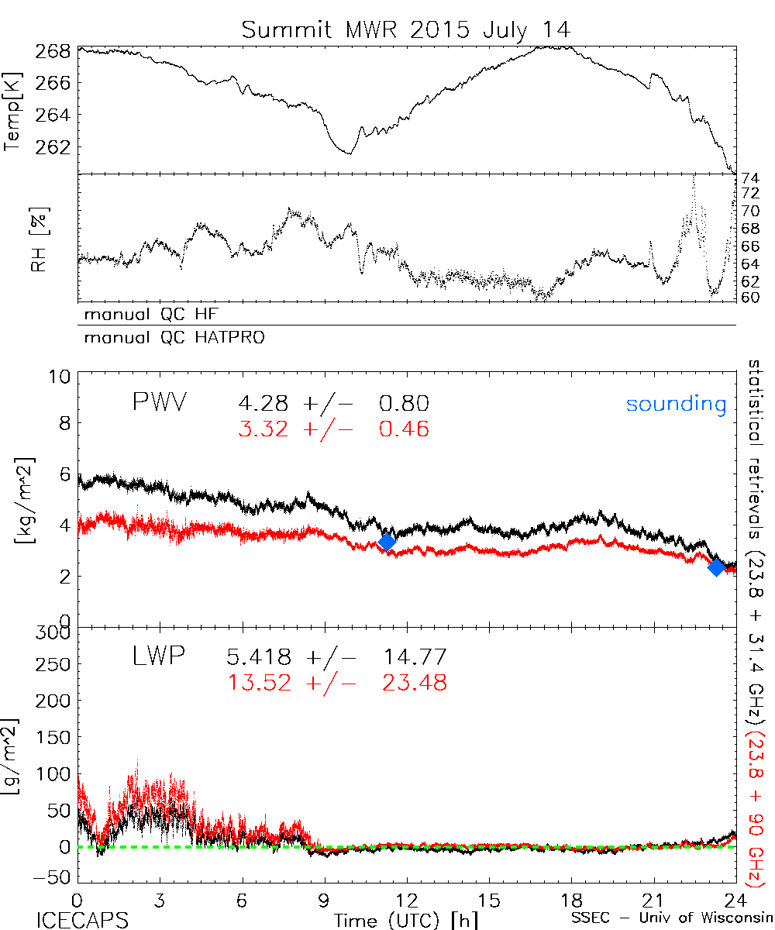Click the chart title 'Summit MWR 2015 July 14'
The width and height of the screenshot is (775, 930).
click(405, 29)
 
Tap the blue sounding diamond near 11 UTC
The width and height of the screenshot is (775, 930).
click(387, 542)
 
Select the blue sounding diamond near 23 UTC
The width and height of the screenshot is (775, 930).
click(716, 567)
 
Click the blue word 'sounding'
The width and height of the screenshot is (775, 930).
click(677, 405)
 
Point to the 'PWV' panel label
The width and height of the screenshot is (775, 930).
click(160, 403)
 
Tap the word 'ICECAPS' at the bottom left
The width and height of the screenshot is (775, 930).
click(82, 919)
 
